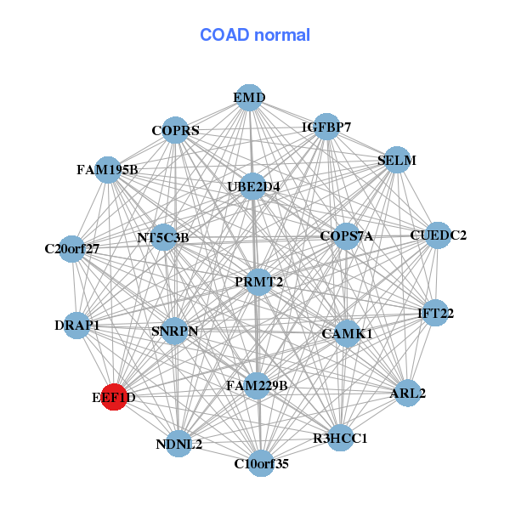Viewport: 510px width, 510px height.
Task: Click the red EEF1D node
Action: point(114,397)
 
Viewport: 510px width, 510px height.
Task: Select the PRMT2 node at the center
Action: point(258,282)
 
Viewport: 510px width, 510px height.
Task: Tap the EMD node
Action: point(249,98)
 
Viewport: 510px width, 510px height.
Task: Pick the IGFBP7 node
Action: point(326,127)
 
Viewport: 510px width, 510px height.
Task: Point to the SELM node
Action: point(397,160)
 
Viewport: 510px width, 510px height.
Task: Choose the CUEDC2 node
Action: point(438,235)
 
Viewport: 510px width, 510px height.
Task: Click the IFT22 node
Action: point(435,313)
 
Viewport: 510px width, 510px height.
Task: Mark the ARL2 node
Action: point(407,393)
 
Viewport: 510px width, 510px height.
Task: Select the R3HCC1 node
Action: point(340,438)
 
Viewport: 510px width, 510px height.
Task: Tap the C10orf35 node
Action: point(261,463)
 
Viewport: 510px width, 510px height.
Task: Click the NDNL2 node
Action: point(178,444)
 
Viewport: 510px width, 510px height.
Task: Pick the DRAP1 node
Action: point(76,326)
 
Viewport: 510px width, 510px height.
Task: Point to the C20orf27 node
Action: point(72,249)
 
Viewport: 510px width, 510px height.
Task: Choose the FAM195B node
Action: point(108,169)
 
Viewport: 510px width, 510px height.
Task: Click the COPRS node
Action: point(175,130)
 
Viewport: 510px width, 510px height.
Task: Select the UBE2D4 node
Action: point(252,187)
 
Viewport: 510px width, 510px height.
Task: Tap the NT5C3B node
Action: point(163,237)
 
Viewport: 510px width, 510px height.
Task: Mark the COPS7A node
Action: point(347,236)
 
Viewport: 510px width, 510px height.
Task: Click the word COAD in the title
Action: point(224,35)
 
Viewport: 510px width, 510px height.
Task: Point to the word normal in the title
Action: point(282,35)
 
